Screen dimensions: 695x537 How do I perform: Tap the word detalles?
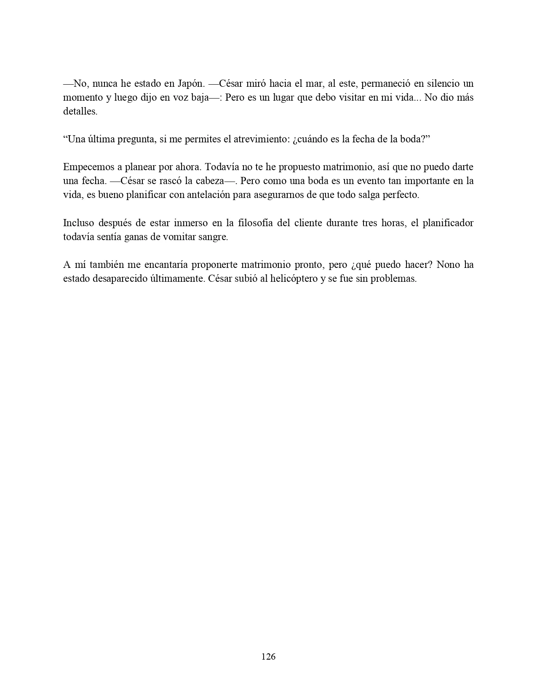[x=80, y=111]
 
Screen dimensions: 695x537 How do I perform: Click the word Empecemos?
[x=88, y=167]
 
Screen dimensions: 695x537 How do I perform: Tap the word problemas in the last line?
[x=394, y=278]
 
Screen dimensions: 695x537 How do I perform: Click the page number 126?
[x=268, y=656]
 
